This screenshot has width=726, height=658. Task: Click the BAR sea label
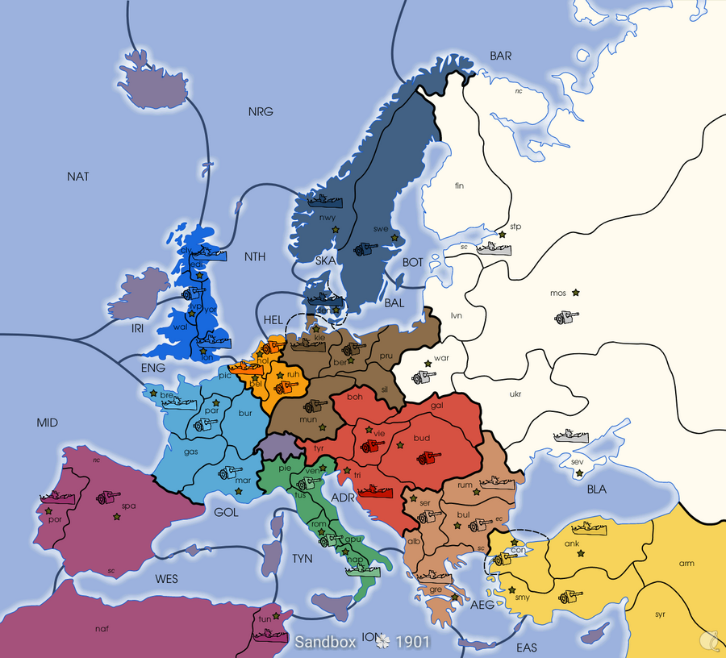pyautogui.click(x=501, y=56)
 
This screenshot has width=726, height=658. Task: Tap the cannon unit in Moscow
pyautogui.click(x=565, y=318)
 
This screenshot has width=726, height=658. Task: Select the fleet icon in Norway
pyautogui.click(x=320, y=201)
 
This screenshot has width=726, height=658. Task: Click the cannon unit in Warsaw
pyautogui.click(x=423, y=377)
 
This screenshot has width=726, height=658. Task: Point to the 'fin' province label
pyautogui.click(x=460, y=185)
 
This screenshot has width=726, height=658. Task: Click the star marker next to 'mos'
pyautogui.click(x=576, y=292)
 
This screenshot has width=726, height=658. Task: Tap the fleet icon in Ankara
pyautogui.click(x=590, y=528)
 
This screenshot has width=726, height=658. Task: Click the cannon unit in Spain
pyautogui.click(x=107, y=498)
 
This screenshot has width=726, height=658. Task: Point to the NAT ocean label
pyautogui.click(x=78, y=176)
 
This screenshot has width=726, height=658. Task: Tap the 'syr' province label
pyautogui.click(x=660, y=614)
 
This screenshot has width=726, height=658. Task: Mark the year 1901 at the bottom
pyautogui.click(x=412, y=642)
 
